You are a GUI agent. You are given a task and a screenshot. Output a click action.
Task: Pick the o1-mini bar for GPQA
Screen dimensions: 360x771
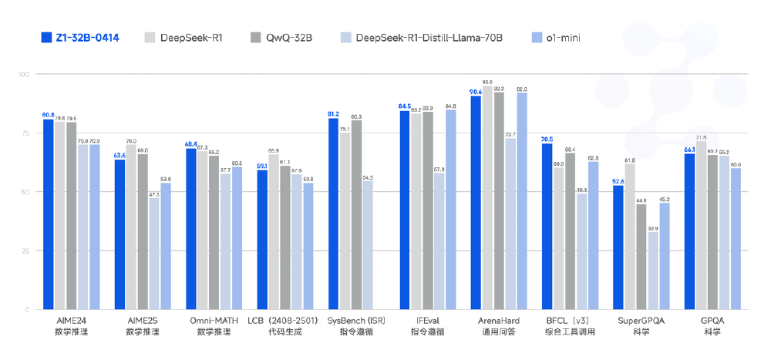[x=736, y=238]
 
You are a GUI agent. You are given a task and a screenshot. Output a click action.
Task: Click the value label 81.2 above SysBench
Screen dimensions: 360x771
[x=333, y=113]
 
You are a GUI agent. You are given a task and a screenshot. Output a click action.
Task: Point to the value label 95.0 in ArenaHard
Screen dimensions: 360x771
[x=487, y=81]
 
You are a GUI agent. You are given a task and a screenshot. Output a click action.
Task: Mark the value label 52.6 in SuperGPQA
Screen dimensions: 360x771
[x=618, y=181]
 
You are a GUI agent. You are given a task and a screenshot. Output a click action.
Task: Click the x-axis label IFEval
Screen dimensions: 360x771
[x=422, y=321]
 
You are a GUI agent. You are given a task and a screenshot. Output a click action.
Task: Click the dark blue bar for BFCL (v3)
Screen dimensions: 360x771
[x=547, y=227]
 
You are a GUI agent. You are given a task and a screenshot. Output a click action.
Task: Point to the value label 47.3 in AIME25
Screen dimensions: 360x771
[x=154, y=194]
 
